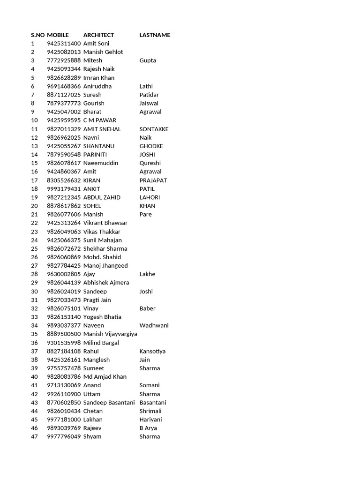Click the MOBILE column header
(x=58, y=35)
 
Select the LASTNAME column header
(x=155, y=35)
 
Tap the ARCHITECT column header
(x=98, y=35)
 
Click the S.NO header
(x=37, y=35)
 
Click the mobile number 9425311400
(x=64, y=44)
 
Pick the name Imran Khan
(x=98, y=78)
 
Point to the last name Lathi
(x=146, y=86)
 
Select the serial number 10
(x=34, y=120)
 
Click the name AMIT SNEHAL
(x=102, y=129)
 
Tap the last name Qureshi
(x=150, y=163)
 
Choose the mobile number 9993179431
(x=64, y=189)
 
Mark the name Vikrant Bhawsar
(x=105, y=223)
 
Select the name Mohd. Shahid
(x=102, y=257)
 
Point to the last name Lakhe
(x=147, y=274)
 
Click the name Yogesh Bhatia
(x=102, y=317)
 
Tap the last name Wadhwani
(x=154, y=325)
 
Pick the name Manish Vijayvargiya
(x=110, y=334)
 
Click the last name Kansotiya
(x=152, y=351)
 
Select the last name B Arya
(x=148, y=428)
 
